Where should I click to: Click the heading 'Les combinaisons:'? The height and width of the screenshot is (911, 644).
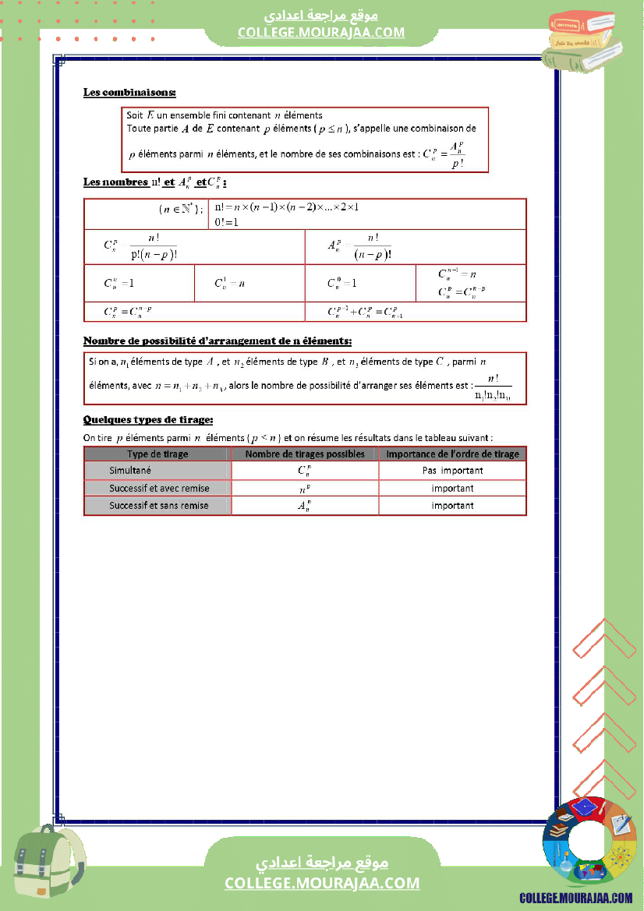pos(129,93)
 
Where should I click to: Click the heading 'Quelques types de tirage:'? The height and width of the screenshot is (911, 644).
pos(148,420)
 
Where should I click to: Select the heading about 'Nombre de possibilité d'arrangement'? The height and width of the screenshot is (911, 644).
pos(217,341)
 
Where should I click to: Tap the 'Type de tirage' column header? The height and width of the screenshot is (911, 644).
pos(157,454)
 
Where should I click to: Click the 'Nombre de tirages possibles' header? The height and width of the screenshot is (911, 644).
pos(305,454)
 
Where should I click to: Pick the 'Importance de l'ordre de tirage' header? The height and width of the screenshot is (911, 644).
pos(452,454)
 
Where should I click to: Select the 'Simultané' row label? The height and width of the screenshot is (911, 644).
pos(130,470)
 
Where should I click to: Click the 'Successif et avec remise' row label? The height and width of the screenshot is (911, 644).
pos(159,488)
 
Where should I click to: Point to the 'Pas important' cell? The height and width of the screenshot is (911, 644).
pos(452,470)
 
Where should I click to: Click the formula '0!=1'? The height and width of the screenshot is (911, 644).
pos(226,222)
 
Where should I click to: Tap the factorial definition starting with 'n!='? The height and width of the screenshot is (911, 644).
pos(286,207)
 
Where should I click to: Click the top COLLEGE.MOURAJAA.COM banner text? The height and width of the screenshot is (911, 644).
pos(321,32)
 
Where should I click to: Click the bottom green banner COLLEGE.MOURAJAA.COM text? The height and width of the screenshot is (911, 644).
pos(322,883)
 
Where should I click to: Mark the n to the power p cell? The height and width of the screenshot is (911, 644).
pos(305,489)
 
